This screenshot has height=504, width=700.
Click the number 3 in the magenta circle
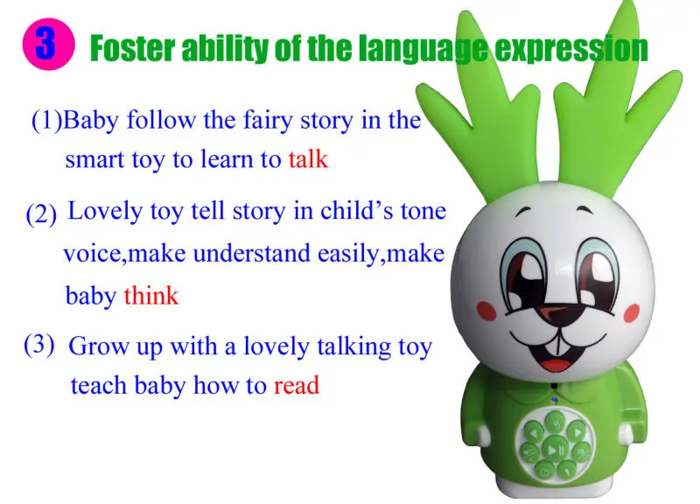tap(45, 45)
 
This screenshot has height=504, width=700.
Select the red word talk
tap(307, 160)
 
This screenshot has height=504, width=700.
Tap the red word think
tap(150, 296)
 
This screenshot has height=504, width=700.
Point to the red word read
tap(296, 385)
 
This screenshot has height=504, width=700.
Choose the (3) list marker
tap(39, 344)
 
